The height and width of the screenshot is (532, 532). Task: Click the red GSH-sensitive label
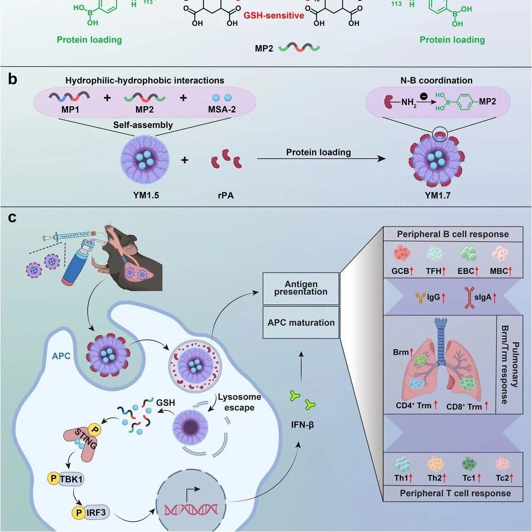[x=273, y=16]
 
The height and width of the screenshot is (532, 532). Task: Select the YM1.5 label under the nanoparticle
[x=146, y=196]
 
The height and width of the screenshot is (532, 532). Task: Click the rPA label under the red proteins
[x=226, y=196]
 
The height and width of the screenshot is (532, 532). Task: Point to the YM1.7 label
[x=437, y=196]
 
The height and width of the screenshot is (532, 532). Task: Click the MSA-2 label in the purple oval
[x=221, y=110]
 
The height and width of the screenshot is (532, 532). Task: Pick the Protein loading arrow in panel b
[x=321, y=159]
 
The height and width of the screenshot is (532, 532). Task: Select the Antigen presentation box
[x=301, y=289]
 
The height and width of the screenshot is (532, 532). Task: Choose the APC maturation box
[x=301, y=322]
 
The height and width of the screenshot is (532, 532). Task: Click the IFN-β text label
[x=302, y=424]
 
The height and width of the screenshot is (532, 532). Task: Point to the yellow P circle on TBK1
[x=53, y=479]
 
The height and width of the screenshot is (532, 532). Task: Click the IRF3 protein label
[x=96, y=512]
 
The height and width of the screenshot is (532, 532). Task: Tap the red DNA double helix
[x=191, y=509]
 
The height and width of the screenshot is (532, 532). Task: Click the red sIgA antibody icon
[x=470, y=298]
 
